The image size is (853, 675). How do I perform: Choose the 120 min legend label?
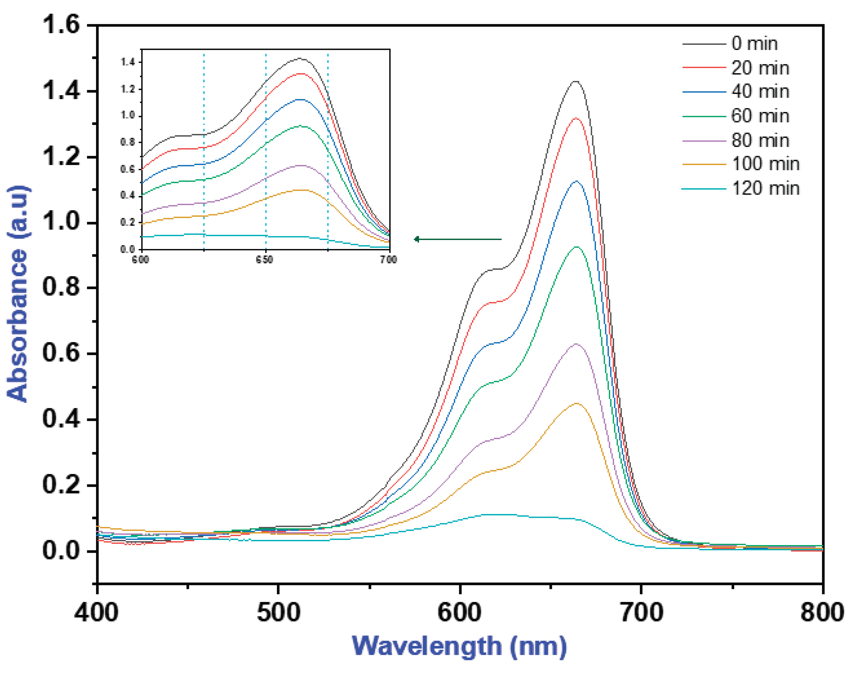765,188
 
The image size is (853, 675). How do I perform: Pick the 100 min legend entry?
765,164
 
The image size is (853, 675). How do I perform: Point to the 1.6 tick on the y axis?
61,25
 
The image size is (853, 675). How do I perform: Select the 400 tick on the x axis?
96,613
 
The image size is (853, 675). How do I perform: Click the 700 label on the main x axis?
641,613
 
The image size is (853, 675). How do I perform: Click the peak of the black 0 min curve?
575,81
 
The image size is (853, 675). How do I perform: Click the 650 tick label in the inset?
265,260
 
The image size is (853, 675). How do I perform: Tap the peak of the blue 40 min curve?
576,181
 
